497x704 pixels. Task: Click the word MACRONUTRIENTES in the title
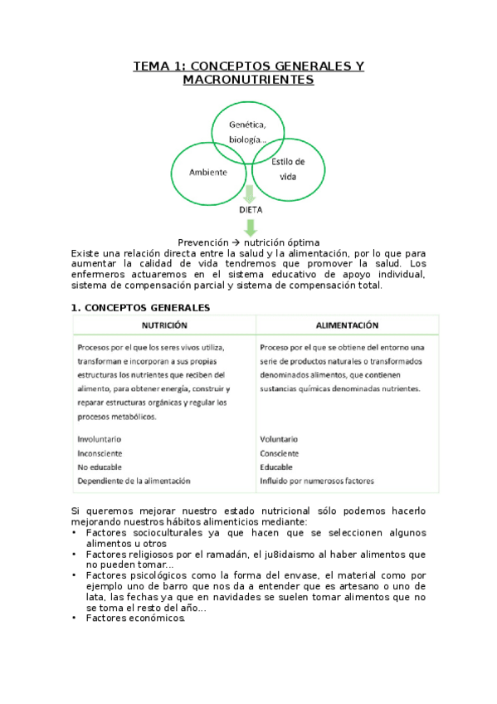[x=249, y=81]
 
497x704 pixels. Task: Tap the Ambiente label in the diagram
[x=209, y=173]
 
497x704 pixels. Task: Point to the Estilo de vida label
[x=288, y=169]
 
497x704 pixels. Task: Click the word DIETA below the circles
[x=250, y=210]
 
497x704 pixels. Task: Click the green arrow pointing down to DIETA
[x=249, y=193]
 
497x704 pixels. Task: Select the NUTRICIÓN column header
[x=164, y=325]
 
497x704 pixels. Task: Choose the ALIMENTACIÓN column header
[x=348, y=325]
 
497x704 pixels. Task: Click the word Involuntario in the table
[x=99, y=438]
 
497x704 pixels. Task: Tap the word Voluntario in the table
[x=279, y=438]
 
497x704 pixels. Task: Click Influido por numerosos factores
[x=316, y=481]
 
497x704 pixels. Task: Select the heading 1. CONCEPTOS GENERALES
[x=141, y=307]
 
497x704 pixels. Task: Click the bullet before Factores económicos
[x=76, y=618]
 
